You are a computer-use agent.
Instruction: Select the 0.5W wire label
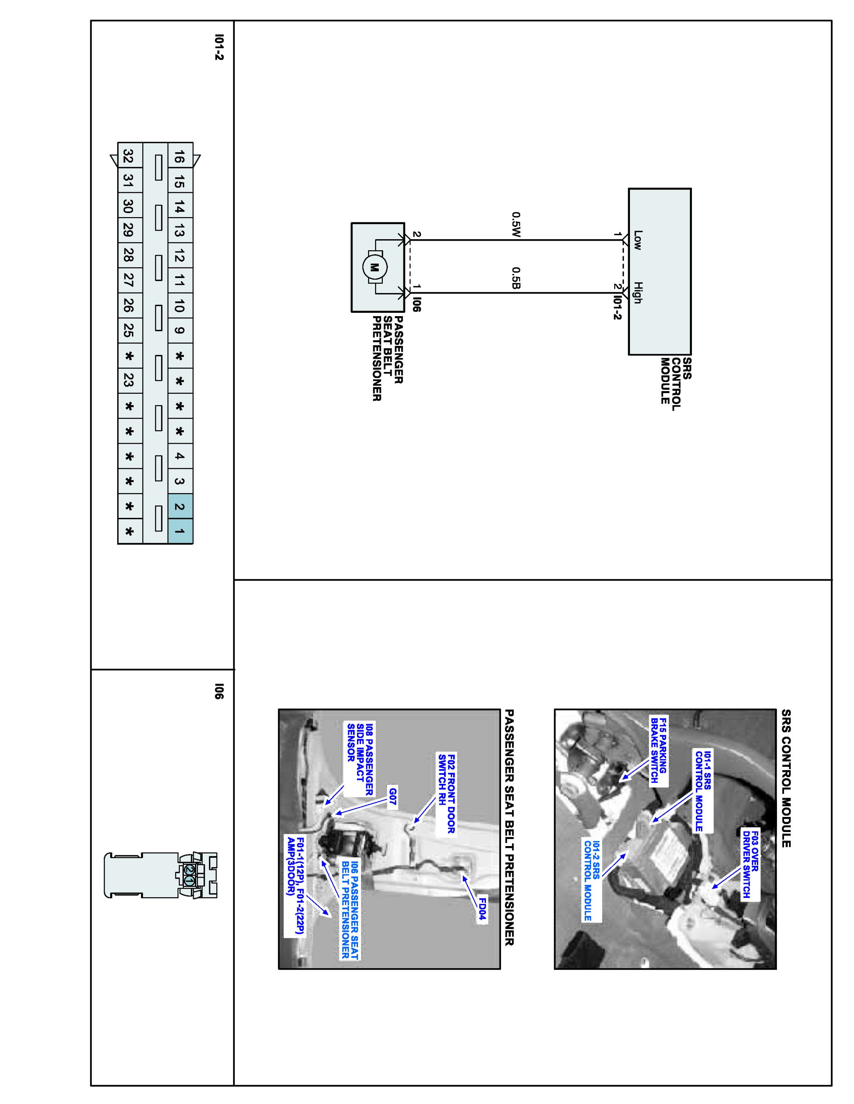516,224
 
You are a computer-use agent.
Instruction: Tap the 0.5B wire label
516,279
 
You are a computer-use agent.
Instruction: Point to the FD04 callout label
482,910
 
